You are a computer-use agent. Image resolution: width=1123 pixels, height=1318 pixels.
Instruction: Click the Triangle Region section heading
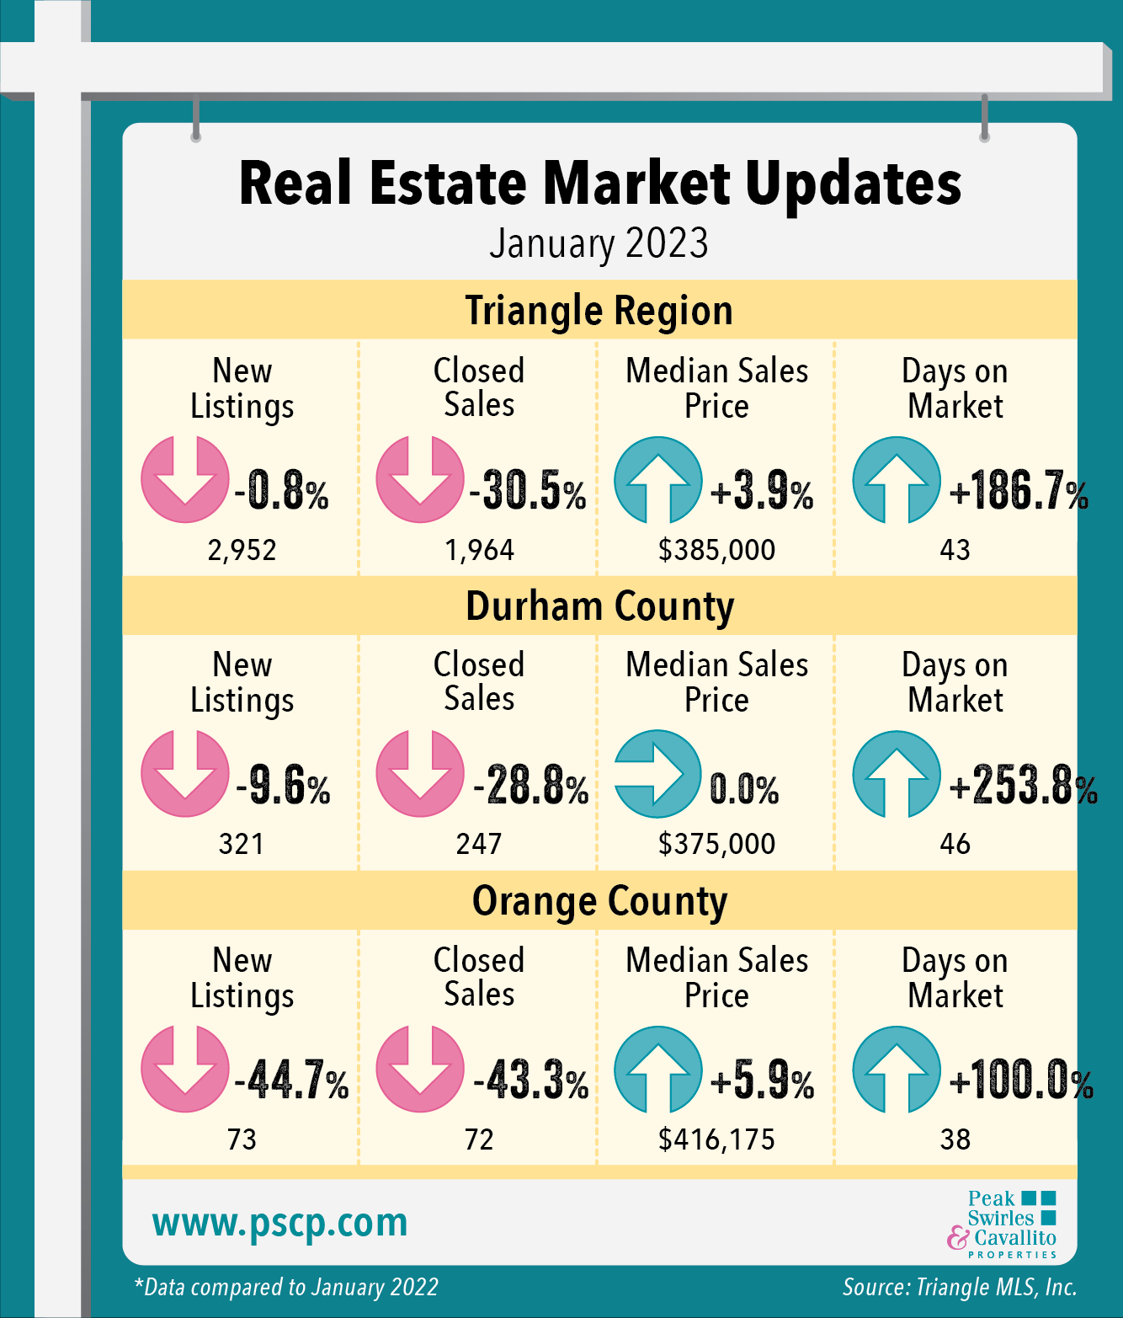[599, 310]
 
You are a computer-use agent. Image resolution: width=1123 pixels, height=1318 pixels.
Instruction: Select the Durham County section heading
[599, 606]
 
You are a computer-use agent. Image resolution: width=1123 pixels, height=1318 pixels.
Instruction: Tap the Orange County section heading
[599, 901]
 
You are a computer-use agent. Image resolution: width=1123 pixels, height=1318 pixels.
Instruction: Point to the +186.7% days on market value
[1018, 490]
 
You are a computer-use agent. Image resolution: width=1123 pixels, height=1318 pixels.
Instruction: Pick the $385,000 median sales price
[716, 550]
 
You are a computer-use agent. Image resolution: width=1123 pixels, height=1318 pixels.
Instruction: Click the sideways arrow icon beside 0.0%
[657, 774]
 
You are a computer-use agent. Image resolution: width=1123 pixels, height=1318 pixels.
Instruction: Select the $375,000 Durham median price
[716, 844]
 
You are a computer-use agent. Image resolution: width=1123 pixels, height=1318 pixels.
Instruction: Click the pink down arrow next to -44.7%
[184, 1069]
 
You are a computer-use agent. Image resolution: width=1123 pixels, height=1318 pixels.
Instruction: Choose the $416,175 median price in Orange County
[716, 1139]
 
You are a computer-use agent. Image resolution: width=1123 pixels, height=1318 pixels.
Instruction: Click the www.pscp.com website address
[280, 1223]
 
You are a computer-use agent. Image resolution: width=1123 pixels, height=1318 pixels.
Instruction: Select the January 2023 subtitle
[599, 243]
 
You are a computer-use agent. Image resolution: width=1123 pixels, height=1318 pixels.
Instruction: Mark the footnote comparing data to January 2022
[286, 1288]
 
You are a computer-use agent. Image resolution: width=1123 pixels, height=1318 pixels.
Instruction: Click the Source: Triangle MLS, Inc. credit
[960, 1288]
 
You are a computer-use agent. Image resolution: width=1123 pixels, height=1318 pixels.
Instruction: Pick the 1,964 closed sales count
[479, 550]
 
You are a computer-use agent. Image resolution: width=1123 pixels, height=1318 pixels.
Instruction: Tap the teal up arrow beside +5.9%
[657, 1070]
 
